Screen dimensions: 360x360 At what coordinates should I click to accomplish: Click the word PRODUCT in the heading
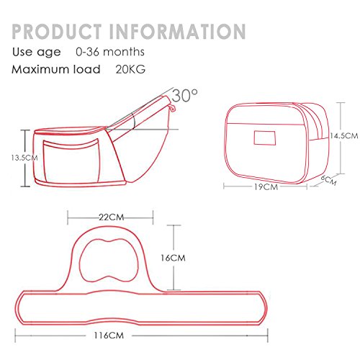(x=57, y=31)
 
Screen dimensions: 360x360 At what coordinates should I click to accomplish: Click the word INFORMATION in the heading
(x=177, y=31)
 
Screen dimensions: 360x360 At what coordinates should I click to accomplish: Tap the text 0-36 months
(x=110, y=52)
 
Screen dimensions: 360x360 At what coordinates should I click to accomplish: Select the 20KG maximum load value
(x=130, y=69)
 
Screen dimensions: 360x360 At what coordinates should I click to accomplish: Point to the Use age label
(x=37, y=52)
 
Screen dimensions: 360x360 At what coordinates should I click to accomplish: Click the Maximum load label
(x=56, y=69)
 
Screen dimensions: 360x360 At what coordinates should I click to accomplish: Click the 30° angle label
(x=185, y=95)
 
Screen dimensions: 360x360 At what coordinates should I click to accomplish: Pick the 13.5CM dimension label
(x=24, y=158)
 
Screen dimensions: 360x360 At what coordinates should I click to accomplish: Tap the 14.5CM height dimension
(x=343, y=135)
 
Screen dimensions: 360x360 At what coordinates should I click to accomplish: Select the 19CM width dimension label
(x=266, y=187)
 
